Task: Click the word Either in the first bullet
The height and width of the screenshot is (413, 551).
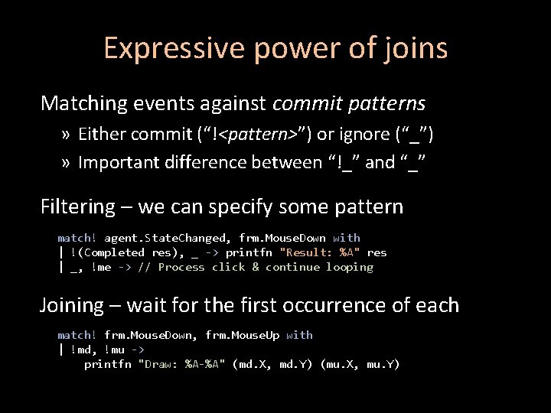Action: tap(102, 135)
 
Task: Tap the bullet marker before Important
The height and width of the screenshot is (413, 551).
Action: tap(67, 162)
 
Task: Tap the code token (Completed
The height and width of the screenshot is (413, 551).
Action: tap(111, 252)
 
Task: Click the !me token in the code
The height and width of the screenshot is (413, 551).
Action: tap(101, 267)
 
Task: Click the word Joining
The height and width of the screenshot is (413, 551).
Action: tap(72, 305)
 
